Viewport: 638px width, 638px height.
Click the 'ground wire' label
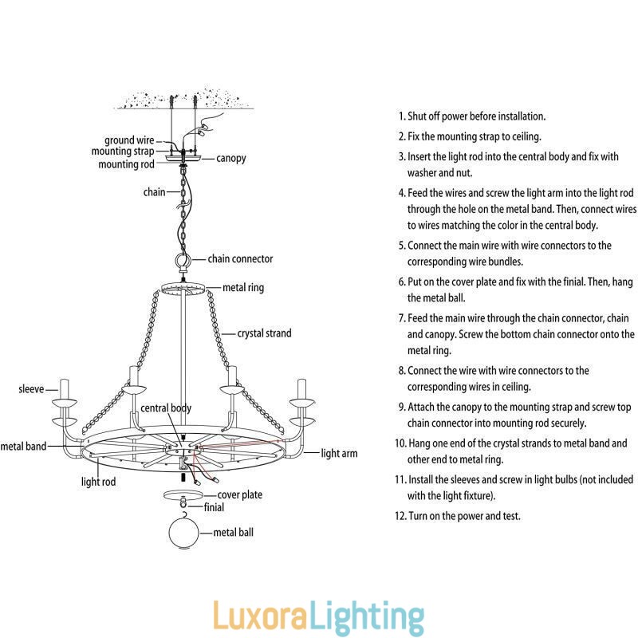pyautogui.click(x=129, y=140)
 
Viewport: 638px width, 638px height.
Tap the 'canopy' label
pyautogui.click(x=231, y=158)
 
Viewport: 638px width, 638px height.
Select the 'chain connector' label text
pyautogui.click(x=240, y=259)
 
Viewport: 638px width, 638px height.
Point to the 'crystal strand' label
pyautogui.click(x=265, y=333)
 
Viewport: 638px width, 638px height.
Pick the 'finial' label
pyautogui.click(x=213, y=506)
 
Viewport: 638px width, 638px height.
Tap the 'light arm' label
pyautogui.click(x=339, y=454)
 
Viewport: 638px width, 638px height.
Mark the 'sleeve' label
pyautogui.click(x=31, y=390)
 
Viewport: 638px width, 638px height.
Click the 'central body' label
pyautogui.click(x=166, y=408)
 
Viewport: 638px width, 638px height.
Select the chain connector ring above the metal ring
pyautogui.click(x=183, y=261)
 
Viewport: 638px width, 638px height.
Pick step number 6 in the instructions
pyautogui.click(x=401, y=282)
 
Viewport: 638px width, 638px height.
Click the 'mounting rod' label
pyautogui.click(x=126, y=165)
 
